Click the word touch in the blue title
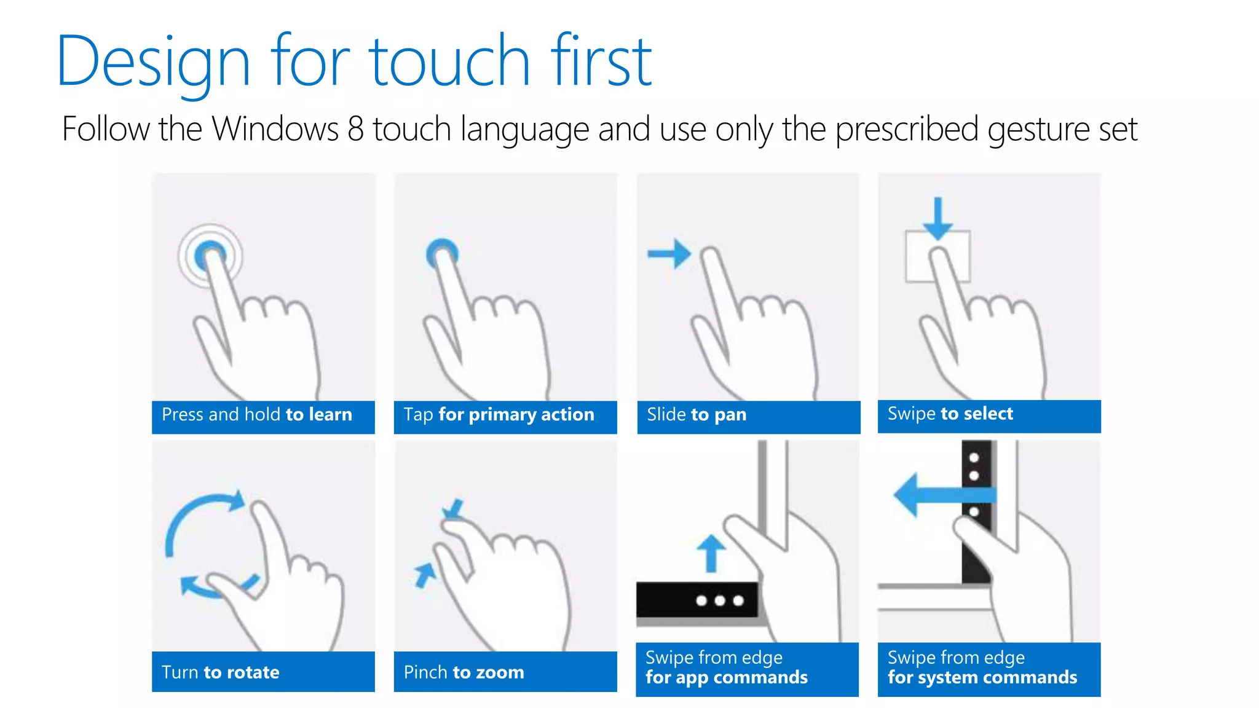449,60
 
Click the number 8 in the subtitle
356,129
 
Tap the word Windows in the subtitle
275,129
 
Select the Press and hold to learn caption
257,415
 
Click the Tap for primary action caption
499,415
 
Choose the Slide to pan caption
697,415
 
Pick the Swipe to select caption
950,414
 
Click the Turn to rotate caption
220,672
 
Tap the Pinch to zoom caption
464,672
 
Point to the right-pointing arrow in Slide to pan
669,253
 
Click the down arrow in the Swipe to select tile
937,219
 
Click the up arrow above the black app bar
711,553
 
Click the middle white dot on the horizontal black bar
720,600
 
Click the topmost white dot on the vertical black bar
974,458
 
